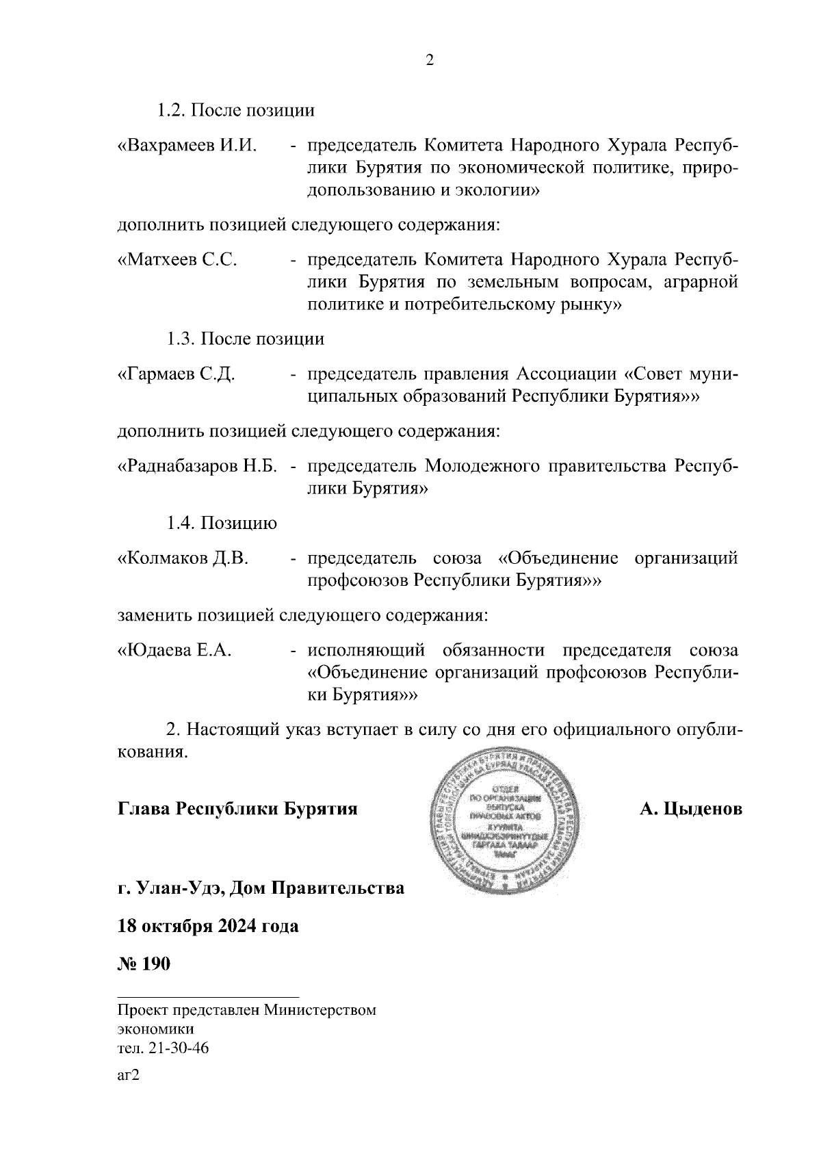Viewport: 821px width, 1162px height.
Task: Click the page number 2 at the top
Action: [429, 61]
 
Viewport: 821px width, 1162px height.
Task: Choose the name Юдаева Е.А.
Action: [176, 651]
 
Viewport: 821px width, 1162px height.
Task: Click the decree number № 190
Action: [144, 964]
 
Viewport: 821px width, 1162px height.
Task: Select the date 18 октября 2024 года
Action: [208, 927]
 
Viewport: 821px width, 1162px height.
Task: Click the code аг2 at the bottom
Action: [129, 1075]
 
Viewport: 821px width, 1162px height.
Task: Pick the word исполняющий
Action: [366, 651]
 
